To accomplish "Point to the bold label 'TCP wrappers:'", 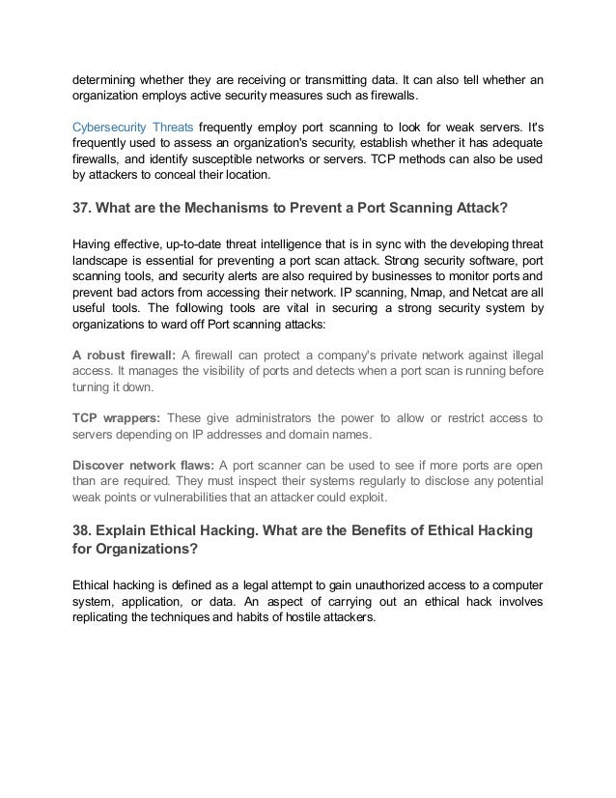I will tap(116, 417).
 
